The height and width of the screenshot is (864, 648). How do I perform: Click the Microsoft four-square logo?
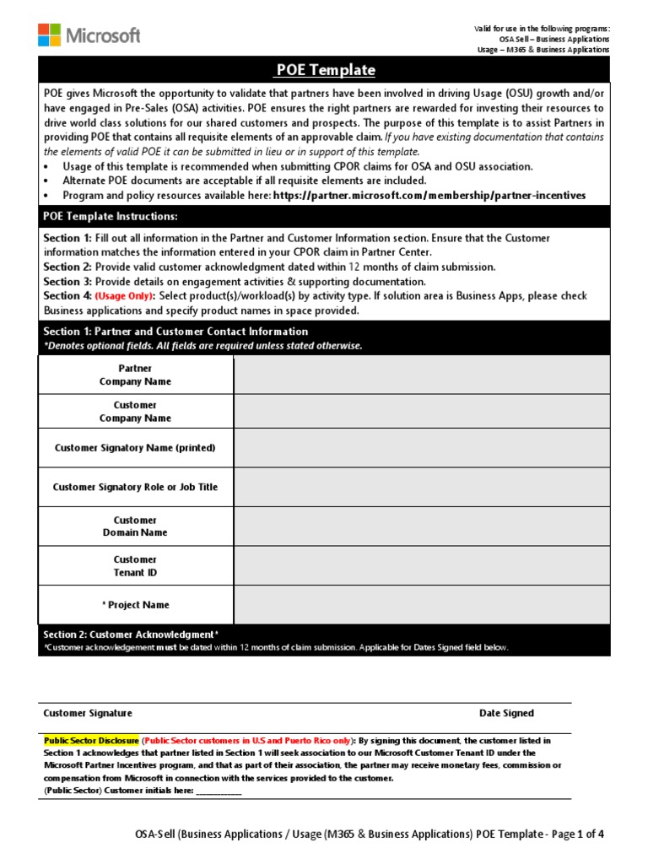(x=49, y=35)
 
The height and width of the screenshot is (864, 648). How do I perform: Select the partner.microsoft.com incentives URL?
(x=429, y=195)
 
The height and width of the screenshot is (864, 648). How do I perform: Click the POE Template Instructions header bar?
(x=111, y=217)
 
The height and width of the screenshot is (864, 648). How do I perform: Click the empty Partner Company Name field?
(x=421, y=375)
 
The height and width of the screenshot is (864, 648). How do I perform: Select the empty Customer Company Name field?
(x=421, y=412)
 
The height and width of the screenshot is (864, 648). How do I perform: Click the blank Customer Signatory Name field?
(x=421, y=448)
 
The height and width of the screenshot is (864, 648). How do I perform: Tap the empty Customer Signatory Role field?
(x=421, y=487)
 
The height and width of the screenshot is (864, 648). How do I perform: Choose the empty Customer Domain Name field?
(x=421, y=526)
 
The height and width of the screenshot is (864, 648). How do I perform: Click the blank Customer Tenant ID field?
(x=421, y=565)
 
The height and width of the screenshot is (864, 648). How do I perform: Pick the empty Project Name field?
(x=421, y=604)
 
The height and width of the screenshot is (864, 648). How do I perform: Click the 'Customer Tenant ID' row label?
(x=135, y=566)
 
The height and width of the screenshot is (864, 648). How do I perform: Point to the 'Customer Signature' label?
(x=88, y=713)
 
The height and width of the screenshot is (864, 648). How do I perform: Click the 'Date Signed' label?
(x=506, y=713)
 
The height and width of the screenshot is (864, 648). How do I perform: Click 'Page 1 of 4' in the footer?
(x=578, y=834)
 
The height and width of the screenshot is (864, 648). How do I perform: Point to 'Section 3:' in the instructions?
(x=67, y=281)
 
